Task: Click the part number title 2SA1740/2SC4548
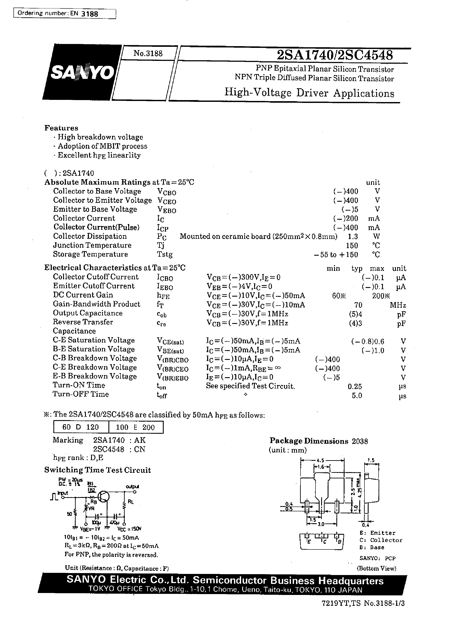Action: point(335,55)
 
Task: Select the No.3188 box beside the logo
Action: point(148,53)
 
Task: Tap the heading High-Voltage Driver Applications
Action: point(309,93)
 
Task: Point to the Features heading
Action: point(61,128)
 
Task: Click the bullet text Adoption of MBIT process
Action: point(102,146)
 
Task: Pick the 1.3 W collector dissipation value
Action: point(353,237)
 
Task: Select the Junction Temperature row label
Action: point(92,245)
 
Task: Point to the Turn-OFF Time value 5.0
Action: point(357,396)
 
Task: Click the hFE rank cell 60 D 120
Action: point(80,427)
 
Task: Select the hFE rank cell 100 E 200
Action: point(135,427)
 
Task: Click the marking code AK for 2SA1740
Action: point(140,440)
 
